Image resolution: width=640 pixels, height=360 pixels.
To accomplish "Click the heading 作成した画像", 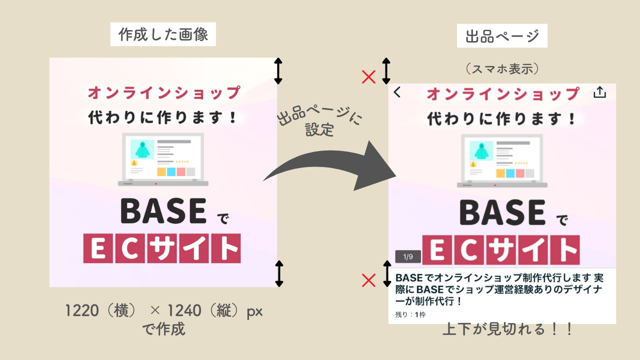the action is click(163, 34).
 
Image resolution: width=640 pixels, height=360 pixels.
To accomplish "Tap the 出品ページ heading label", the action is click(502, 36).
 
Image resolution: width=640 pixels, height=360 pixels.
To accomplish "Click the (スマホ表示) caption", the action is click(502, 69).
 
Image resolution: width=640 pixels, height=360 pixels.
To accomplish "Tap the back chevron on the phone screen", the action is click(397, 92).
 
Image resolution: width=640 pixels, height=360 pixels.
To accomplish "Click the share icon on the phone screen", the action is click(599, 92).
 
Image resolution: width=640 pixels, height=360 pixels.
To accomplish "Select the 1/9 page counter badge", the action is click(408, 256).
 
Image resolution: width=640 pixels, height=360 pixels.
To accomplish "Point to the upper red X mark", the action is click(368, 77).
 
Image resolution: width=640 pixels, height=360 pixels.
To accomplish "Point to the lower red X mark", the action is click(368, 280).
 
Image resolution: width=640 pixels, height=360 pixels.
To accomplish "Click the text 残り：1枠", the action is click(410, 314).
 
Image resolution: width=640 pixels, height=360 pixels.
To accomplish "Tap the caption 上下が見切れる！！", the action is click(507, 329).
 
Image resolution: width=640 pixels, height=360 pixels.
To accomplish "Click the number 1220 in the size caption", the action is click(82, 310).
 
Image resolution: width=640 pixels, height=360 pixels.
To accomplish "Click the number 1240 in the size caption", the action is click(184, 310).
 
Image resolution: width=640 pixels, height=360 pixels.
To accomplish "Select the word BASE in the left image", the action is click(163, 211).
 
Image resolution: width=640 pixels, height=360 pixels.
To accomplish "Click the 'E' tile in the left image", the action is click(98, 248).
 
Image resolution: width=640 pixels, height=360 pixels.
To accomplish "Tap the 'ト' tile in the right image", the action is click(565, 250).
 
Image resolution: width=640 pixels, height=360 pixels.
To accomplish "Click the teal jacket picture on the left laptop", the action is click(142, 149).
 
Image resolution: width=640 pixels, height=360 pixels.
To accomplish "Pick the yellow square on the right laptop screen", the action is click(500, 173).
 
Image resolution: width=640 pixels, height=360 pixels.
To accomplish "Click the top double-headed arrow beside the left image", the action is click(278, 71).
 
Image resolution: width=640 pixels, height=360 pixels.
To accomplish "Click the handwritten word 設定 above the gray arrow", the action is click(319, 129).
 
